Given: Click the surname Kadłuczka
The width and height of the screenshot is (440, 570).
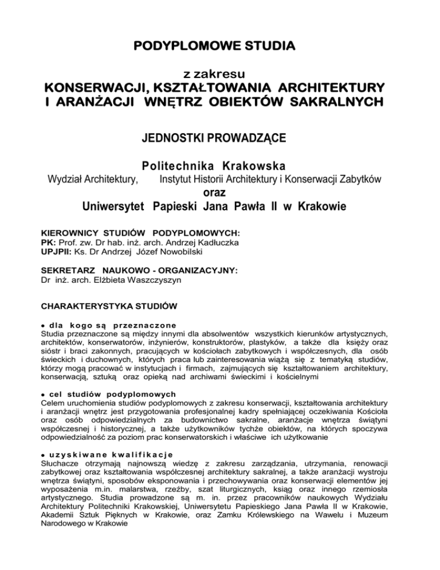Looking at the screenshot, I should tap(219, 243).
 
